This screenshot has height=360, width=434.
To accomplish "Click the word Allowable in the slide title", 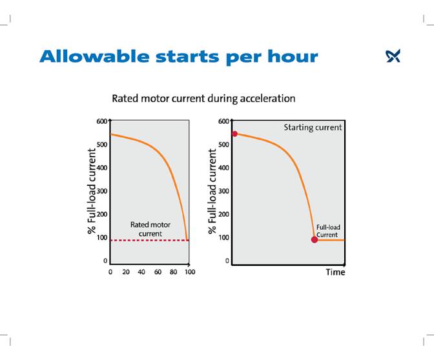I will click(90, 56).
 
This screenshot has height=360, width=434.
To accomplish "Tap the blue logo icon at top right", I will click(393, 57).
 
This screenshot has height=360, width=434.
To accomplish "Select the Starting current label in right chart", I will click(313, 128).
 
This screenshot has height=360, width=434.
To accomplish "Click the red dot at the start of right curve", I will click(234, 134).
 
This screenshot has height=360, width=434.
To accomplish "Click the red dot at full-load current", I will click(315, 239).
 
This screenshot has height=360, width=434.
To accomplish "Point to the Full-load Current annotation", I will click(327, 231).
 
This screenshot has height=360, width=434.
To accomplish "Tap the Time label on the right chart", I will click(335, 272).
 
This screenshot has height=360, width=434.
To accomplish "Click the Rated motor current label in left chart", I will click(150, 228).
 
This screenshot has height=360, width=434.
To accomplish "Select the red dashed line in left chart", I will click(149, 240).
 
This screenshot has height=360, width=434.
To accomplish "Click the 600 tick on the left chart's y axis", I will click(101, 121).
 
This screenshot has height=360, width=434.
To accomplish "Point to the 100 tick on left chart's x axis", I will click(189, 272).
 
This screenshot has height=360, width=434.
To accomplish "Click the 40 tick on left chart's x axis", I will click(142, 272).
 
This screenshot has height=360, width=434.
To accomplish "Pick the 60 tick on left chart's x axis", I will click(158, 272).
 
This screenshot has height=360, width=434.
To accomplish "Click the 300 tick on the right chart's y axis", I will click(223, 191).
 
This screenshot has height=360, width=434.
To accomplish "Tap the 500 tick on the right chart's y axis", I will click(223, 145).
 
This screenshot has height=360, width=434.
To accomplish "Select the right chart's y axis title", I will click(212, 191).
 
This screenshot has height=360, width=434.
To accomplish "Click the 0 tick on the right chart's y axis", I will click(227, 261).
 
